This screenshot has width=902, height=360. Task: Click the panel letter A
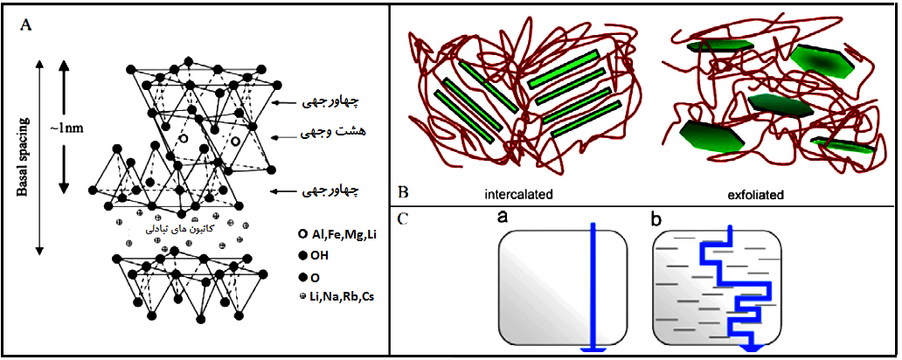25,24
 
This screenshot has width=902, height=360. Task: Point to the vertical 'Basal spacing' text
23,157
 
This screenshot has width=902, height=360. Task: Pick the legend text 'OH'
318,256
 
